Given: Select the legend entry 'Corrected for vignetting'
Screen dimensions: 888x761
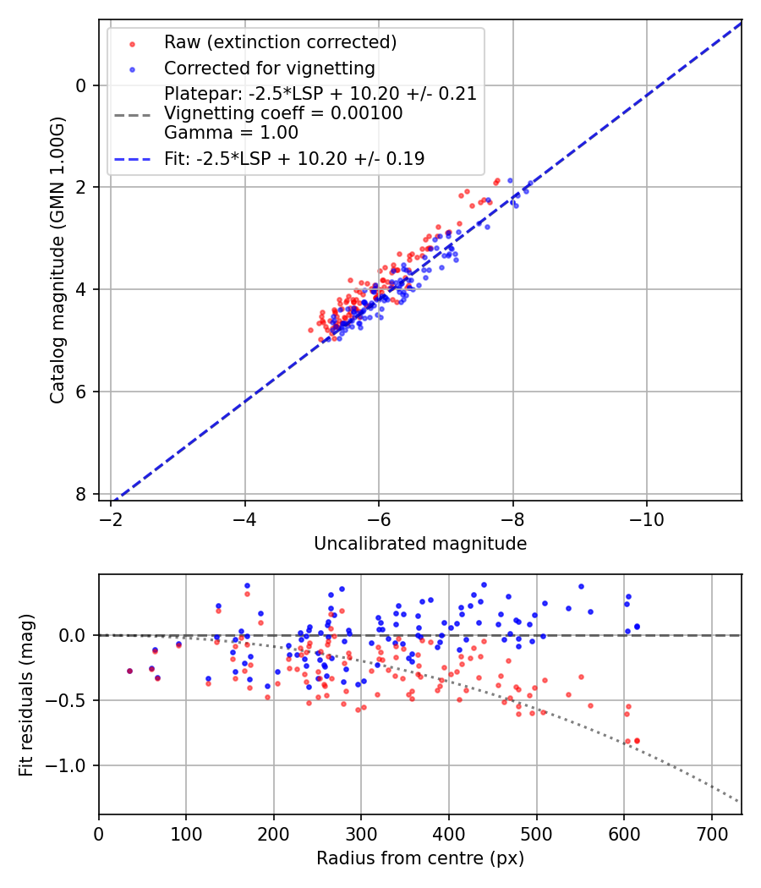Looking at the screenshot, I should point(269,68).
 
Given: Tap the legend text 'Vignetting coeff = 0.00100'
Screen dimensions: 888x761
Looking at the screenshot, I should point(283,113).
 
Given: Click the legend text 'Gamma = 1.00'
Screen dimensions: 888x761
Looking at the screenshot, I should point(231,132).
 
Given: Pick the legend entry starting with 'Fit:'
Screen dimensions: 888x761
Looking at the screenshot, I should point(293,158).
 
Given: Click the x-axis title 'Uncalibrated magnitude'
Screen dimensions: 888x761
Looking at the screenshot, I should point(420,544).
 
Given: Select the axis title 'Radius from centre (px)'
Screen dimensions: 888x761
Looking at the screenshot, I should point(420,858).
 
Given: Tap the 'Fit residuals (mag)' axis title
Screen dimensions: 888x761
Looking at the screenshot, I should point(26,694).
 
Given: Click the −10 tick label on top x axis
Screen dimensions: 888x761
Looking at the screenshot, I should point(646,518).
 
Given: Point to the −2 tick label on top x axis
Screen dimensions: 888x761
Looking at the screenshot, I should point(111,518).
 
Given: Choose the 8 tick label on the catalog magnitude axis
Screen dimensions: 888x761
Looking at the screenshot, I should point(82,494).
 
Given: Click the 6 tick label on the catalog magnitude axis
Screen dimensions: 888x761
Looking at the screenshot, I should point(82,392).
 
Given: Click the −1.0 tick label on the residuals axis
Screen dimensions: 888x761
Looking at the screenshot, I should point(70,765).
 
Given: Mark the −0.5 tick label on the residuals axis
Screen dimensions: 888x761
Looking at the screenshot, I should point(70,700).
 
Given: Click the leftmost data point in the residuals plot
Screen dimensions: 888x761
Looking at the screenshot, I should point(129,671).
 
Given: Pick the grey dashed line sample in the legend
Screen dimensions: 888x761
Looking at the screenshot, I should point(132,113).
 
